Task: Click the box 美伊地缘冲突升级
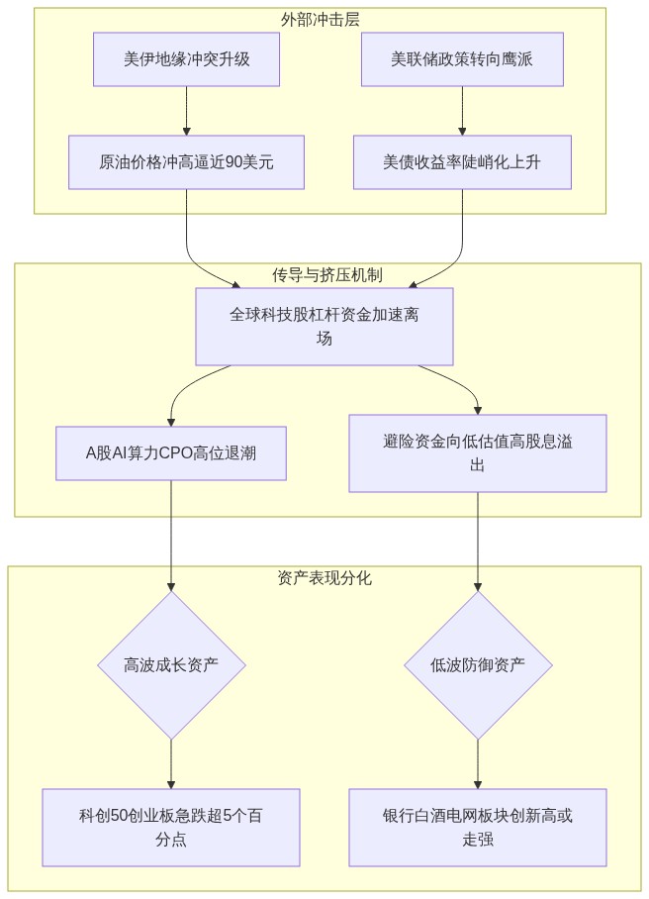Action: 186,59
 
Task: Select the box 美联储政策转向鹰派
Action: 462,59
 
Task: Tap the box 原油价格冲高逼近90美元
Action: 186,162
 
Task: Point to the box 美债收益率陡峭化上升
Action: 462,162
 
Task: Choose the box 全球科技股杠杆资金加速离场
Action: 324,326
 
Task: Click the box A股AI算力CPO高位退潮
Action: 171,452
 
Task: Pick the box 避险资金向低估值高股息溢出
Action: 477,452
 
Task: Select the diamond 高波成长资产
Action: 171,665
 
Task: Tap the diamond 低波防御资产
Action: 478,665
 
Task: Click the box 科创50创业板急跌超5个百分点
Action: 171,828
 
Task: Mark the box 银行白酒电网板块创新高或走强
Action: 477,828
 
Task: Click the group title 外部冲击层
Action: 321,20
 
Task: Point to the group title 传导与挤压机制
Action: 327,275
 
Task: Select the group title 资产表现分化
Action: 324,578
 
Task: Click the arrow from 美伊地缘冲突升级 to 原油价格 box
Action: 186,111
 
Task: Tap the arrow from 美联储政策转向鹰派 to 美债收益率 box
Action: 462,111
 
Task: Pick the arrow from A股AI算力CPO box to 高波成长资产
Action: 171,536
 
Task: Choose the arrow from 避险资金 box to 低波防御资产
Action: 477,542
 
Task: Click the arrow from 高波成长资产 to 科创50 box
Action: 171,764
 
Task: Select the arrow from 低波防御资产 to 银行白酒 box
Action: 477,764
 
